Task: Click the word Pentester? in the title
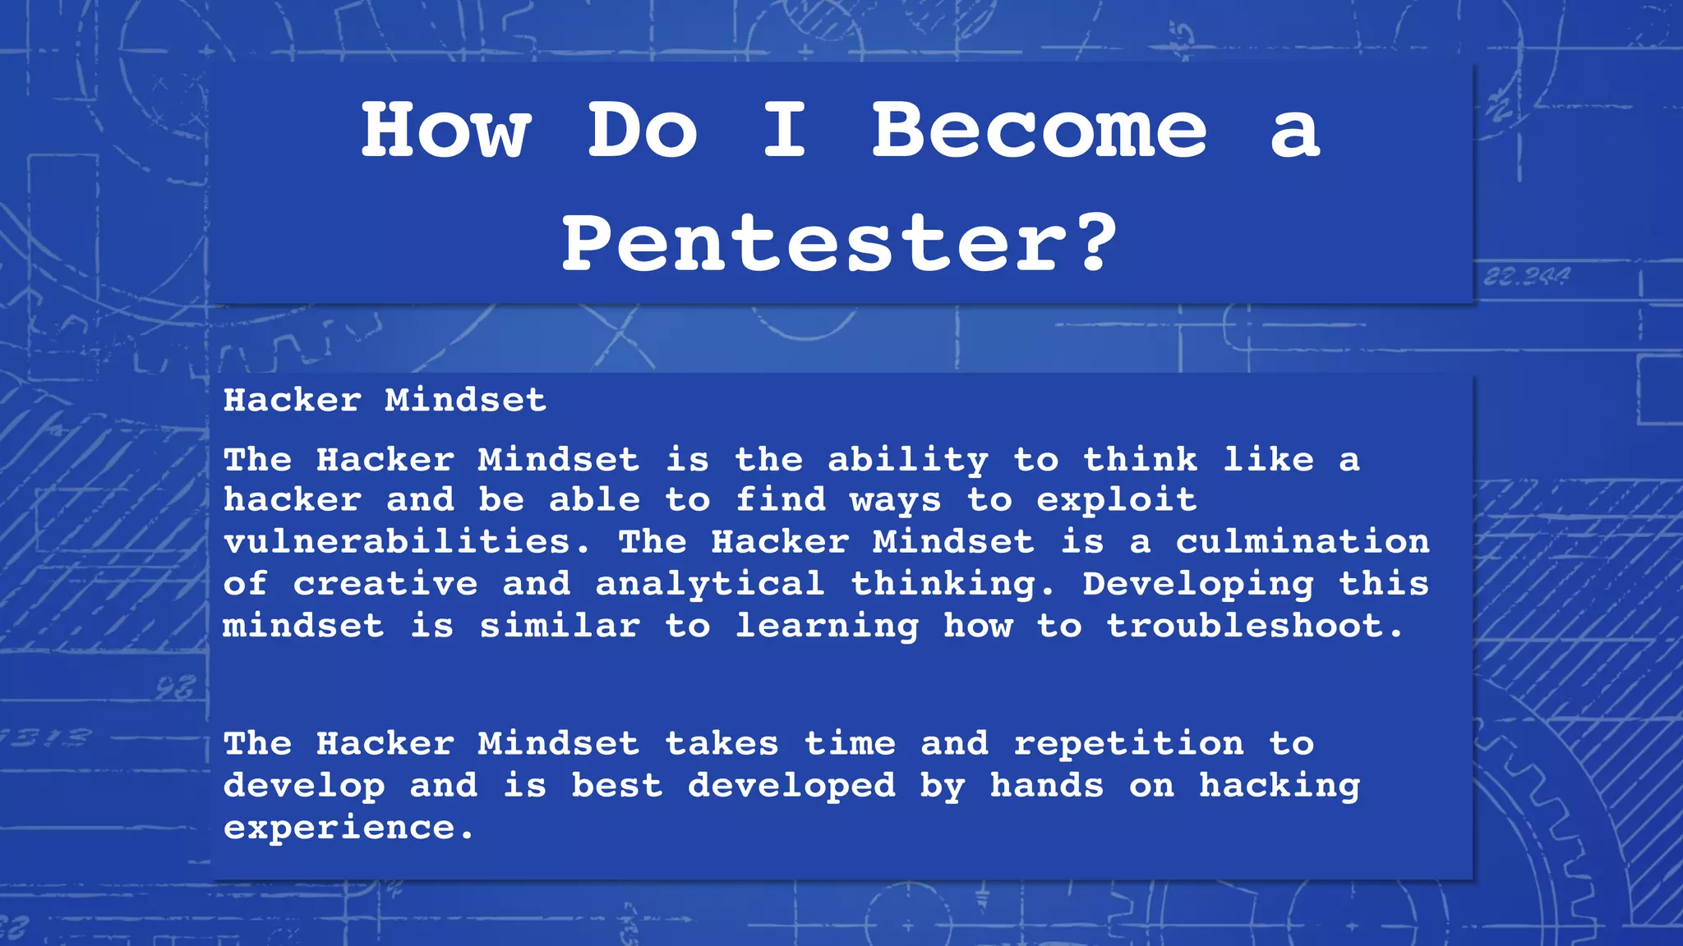(x=839, y=243)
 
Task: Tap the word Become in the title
(x=1039, y=131)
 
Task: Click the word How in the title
(x=446, y=131)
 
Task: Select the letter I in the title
(x=785, y=131)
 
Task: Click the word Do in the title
(x=643, y=131)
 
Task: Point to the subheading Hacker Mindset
(x=385, y=401)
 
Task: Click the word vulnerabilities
(x=407, y=542)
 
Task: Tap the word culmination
(x=1303, y=542)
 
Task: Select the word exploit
(x=1116, y=500)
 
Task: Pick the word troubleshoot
(x=1254, y=627)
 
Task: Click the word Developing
(x=1198, y=585)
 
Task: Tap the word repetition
(x=1128, y=744)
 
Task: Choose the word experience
(x=348, y=829)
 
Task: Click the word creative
(x=385, y=585)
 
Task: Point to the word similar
(x=560, y=627)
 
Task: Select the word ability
(x=908, y=460)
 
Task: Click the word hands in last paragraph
(x=1047, y=786)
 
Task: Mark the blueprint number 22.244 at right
(x=1526, y=278)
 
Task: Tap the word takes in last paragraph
(x=722, y=744)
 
